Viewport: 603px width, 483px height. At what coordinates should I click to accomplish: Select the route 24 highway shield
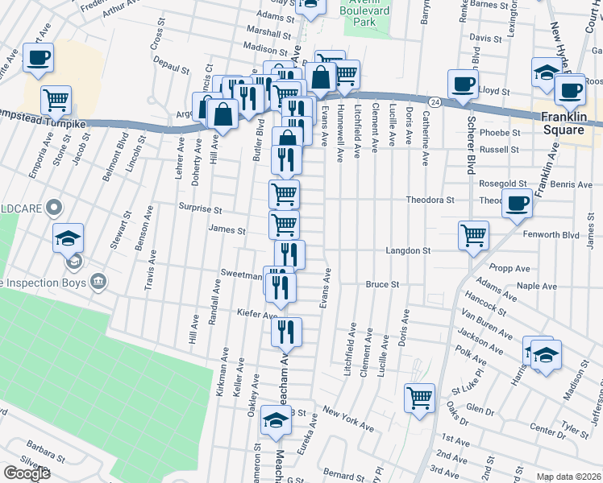point(435,102)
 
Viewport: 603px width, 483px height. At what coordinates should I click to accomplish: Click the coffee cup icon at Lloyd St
point(464,84)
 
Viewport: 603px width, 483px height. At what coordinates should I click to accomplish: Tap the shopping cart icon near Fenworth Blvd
point(473,235)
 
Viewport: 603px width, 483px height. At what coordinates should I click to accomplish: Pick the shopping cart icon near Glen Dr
point(420,397)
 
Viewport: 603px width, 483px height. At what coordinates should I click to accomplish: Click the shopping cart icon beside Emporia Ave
point(56,99)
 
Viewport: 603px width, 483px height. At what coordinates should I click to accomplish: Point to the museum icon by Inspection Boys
point(98,281)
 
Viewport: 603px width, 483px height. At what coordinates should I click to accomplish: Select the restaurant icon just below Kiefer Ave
point(286,331)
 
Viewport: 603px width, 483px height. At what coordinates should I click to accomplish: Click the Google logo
point(27,473)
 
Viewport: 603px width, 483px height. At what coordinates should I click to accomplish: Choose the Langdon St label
point(408,251)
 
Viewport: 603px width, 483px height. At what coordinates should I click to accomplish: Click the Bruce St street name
point(382,284)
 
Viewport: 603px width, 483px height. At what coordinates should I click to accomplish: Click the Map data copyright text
point(567,477)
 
